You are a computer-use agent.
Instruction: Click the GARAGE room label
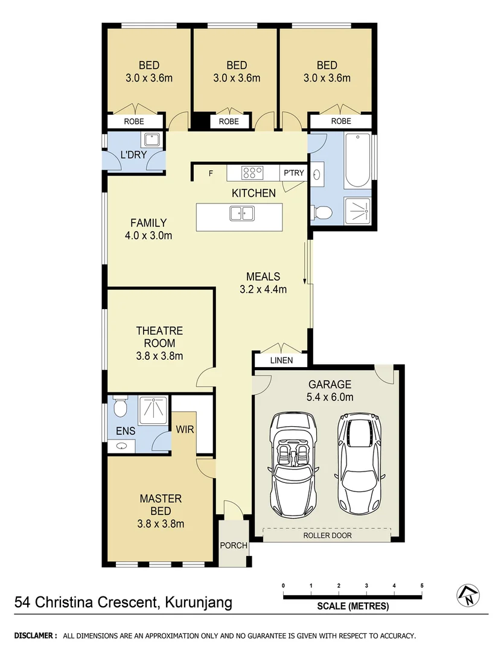point(330,384)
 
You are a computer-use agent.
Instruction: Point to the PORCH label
point(233,545)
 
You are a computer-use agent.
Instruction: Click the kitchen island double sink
point(242,213)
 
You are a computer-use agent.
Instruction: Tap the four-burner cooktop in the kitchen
point(252,173)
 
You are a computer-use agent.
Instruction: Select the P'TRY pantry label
point(294,173)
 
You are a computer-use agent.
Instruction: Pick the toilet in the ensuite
point(121,407)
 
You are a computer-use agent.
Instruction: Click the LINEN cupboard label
point(281,360)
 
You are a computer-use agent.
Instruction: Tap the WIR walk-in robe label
point(184,430)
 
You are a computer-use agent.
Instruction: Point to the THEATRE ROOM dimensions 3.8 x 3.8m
point(159,356)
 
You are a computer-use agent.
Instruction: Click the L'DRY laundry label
point(133,155)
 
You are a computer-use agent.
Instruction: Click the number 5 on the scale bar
point(422,586)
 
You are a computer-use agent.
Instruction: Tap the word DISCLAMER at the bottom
point(36,636)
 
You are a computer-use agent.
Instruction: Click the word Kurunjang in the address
point(194,602)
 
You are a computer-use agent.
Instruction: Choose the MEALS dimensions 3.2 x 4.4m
point(263,289)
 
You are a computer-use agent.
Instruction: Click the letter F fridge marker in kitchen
point(211,174)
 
